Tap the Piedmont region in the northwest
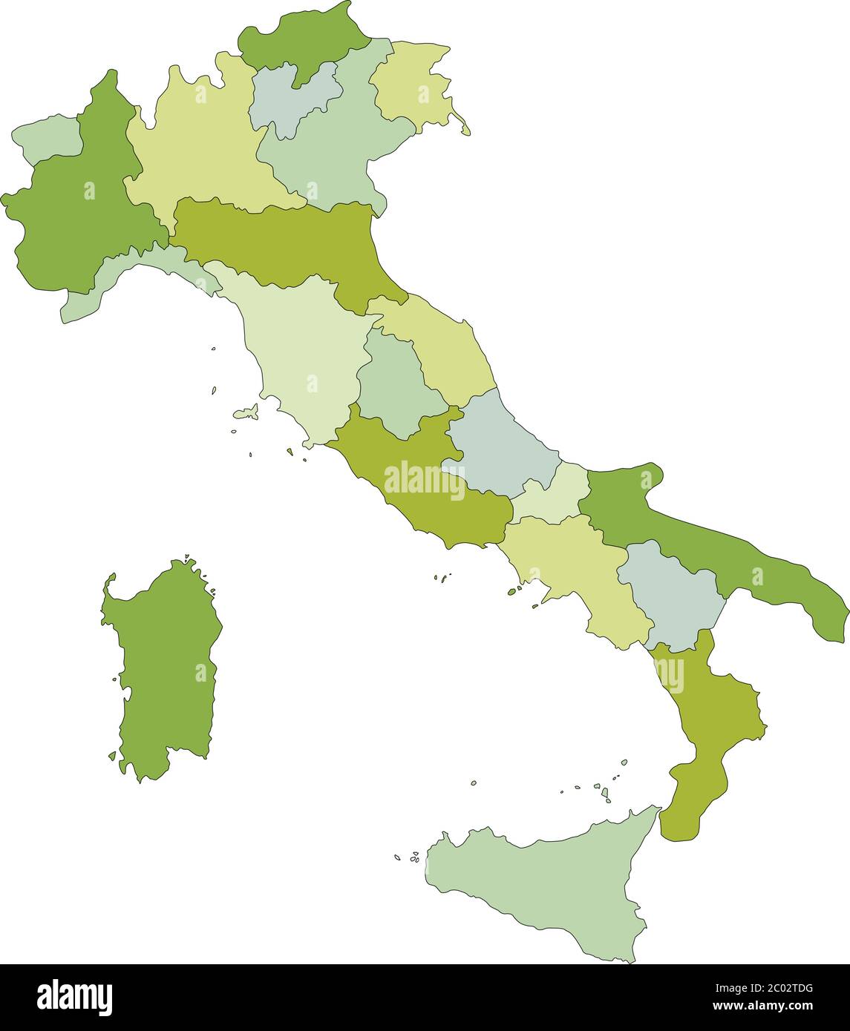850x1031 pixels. click(74, 215)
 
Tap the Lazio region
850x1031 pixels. click(416, 490)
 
